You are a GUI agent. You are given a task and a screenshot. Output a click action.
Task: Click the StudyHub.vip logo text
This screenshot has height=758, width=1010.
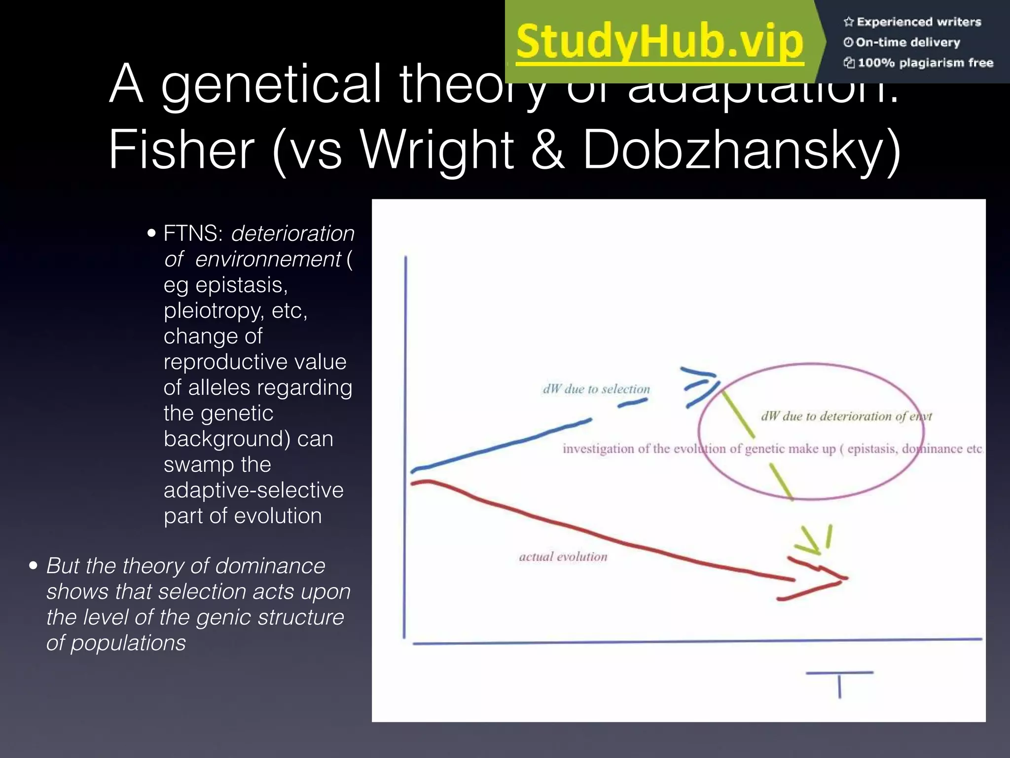(660, 42)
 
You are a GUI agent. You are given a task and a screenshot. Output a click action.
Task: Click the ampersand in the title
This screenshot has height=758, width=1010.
(547, 150)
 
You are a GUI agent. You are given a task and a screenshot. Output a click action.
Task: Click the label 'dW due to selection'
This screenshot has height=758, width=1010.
(596, 389)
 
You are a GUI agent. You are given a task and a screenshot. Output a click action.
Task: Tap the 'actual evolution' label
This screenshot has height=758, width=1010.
(563, 557)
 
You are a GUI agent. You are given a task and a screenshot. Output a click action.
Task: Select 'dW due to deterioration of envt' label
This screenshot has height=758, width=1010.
(846, 417)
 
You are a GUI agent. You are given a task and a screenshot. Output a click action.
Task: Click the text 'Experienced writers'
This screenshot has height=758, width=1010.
(918, 22)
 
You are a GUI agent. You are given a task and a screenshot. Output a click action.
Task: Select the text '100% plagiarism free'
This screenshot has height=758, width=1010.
(925, 63)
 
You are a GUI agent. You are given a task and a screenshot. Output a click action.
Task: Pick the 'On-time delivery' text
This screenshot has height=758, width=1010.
(907, 42)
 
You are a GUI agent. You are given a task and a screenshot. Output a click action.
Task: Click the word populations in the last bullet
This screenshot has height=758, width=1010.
(128, 643)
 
